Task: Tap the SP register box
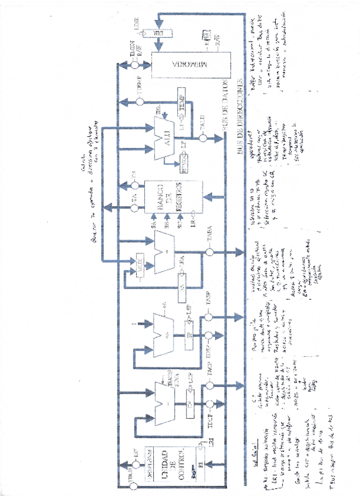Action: point(191,335)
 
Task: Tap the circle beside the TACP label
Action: point(207,385)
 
